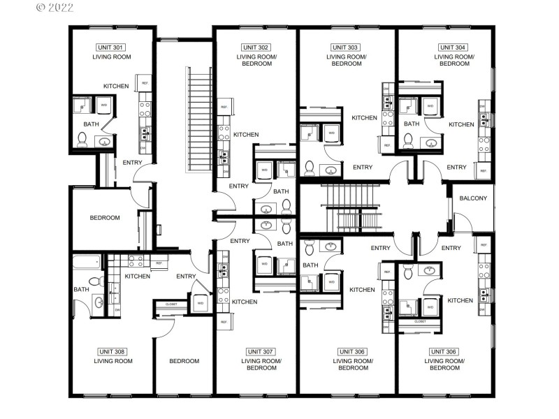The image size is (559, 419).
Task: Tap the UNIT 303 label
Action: click(346, 47)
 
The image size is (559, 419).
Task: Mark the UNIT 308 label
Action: click(112, 351)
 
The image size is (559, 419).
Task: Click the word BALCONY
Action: click(473, 198)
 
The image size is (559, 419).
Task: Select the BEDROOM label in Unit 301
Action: click(105, 218)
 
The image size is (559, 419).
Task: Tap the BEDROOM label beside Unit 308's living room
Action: click(184, 361)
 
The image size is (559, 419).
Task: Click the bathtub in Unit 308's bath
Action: click(87, 263)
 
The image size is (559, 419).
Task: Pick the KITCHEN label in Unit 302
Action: click(246, 135)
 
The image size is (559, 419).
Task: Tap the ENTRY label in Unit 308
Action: click(186, 276)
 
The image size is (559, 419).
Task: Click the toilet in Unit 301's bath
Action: click(82, 139)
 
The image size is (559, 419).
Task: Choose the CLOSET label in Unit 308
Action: click(171, 304)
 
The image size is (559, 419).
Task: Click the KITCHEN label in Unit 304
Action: click(461, 124)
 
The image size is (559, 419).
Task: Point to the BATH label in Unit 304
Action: click(412, 124)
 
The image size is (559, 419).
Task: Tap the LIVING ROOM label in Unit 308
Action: click(112, 361)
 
